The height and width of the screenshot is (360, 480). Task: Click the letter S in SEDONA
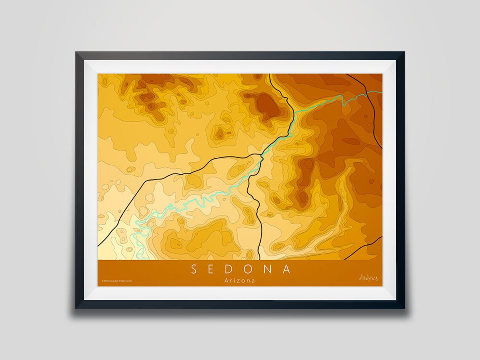pos(194,269)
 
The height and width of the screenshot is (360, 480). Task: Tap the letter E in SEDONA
pos(213,269)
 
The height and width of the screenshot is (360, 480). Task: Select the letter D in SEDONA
pos(231,269)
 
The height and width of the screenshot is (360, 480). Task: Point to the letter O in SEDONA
pos(250,269)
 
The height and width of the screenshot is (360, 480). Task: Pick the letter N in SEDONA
pos(269,269)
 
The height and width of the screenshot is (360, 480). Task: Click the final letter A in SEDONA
pos(287,269)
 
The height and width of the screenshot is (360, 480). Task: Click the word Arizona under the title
pos(240,280)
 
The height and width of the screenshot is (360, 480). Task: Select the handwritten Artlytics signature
pos(368,277)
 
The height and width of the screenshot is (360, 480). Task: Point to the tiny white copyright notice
pos(117,280)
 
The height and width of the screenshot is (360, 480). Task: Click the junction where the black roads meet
pos(262,155)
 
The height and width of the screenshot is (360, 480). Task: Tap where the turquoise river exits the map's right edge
pos(381,91)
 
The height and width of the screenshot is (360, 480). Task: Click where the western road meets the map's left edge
pos(99,245)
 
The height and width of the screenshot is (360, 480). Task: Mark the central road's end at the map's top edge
pos(269,75)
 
